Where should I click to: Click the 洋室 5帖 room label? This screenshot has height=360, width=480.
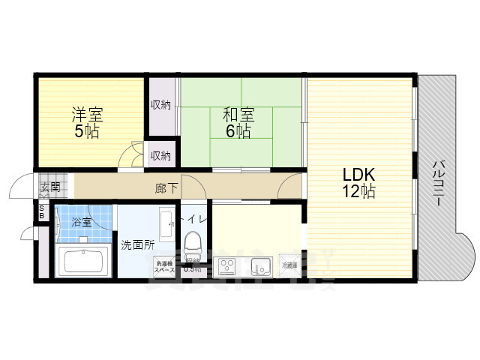coord(87,122)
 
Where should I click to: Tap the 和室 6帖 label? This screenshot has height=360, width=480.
coord(238,122)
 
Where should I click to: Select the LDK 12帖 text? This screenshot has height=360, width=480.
coord(359,182)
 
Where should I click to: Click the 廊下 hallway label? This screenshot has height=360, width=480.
coord(166,187)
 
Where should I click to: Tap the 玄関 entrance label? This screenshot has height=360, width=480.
coord(50,187)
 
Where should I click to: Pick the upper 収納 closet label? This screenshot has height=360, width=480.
coord(160,105)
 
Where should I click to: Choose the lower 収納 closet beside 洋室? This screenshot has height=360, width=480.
coord(160,156)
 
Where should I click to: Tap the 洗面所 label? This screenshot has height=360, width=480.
coord(138,244)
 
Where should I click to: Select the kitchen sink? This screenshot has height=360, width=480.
coord(260,266)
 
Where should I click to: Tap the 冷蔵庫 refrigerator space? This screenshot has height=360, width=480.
coord(289,265)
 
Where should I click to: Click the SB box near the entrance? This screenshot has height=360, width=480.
coord(42,211)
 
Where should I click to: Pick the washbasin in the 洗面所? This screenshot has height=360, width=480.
coord(166,223)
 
